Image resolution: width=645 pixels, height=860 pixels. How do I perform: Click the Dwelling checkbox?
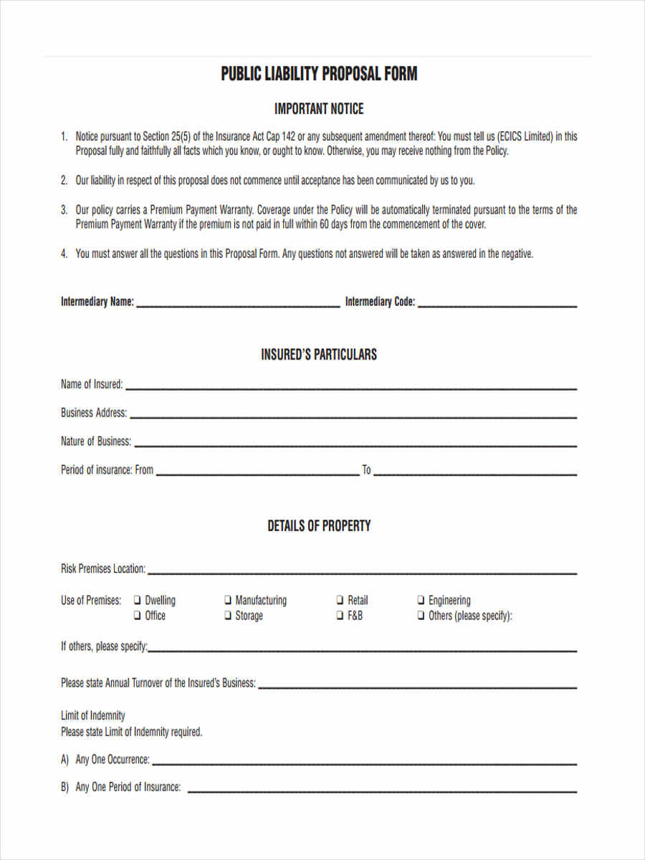[137, 601]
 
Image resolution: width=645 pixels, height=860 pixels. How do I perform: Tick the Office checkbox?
[137, 616]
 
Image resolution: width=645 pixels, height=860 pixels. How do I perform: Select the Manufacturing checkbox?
[227, 601]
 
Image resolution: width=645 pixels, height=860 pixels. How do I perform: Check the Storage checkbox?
[227, 616]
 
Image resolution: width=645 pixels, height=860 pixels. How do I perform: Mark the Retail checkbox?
[340, 601]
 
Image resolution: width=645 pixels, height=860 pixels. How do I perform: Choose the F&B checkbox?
[340, 616]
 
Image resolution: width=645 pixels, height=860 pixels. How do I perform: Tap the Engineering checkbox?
[421, 601]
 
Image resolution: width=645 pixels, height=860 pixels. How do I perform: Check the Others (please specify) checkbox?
[421, 616]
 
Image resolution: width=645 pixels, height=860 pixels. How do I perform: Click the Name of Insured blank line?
[351, 388]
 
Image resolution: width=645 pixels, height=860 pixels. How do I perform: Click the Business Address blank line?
[353, 416]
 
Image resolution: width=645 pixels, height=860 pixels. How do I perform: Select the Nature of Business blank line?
[355, 445]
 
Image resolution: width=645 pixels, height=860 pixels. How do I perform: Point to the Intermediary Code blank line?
[497, 306]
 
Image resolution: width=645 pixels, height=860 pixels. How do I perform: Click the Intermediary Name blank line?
[238, 306]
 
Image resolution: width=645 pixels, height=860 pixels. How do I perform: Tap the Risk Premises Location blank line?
[362, 573]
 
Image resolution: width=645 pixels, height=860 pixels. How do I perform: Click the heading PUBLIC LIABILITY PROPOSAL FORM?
[319, 74]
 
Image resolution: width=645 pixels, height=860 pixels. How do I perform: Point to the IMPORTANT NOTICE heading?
[319, 109]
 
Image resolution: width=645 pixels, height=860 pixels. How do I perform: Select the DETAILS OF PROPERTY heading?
[319, 526]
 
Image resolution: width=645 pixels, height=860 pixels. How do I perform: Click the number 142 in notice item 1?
[287, 136]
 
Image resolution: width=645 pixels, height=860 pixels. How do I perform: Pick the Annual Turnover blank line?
[417, 687]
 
